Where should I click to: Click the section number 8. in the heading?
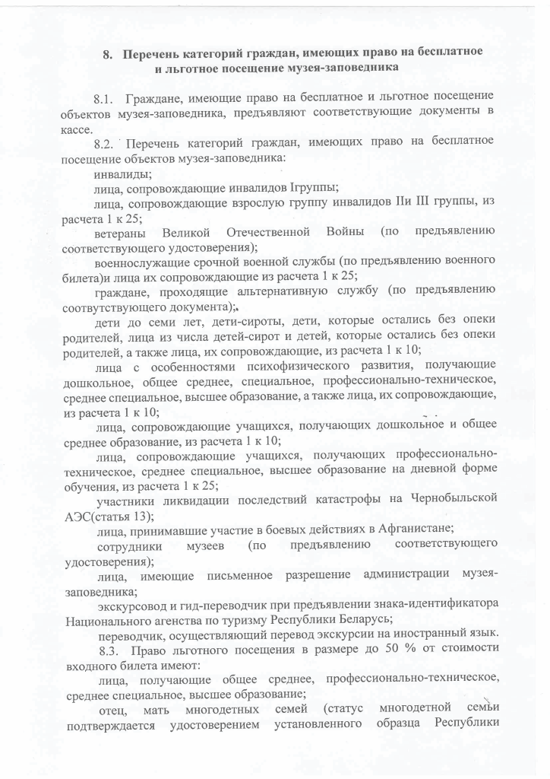(x=109, y=54)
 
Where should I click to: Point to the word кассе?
(x=77, y=129)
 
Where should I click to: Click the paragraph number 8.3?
(x=109, y=649)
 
